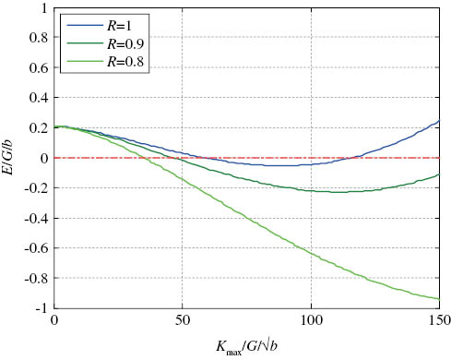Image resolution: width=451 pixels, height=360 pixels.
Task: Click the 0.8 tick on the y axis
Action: pos(38,38)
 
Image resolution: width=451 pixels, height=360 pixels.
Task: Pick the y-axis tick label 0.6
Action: pos(38,68)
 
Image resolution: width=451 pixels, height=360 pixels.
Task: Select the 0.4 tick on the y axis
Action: pos(38,98)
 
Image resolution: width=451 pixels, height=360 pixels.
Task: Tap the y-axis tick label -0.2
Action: pos(35,188)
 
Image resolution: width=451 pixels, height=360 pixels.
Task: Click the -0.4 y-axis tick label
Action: pos(35,218)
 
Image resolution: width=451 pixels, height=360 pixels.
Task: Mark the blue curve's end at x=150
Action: pos(440,120)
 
